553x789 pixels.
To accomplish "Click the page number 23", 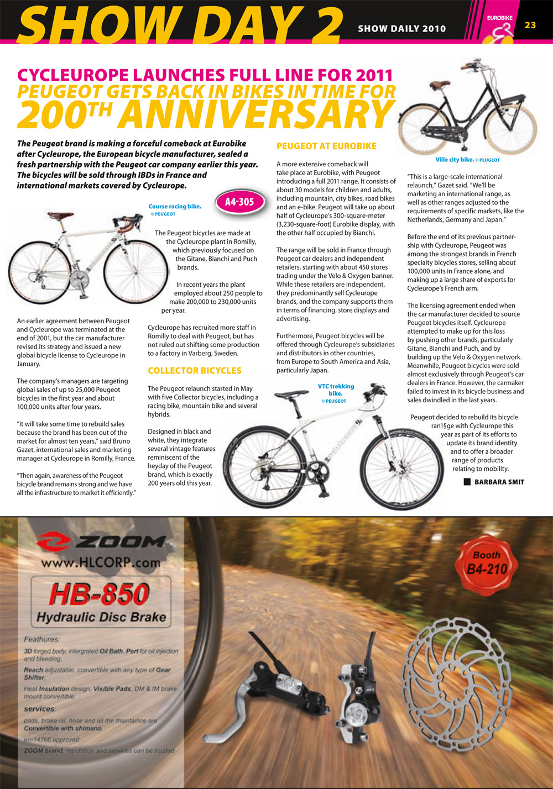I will point(530,25).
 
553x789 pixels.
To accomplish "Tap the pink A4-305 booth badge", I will point(239,202).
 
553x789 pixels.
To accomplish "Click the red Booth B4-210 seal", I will point(486,562).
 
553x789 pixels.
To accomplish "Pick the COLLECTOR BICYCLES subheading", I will point(195,371).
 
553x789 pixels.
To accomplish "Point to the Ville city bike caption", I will point(467,160).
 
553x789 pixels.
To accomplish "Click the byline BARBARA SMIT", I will point(499,482).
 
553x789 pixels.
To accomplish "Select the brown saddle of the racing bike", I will point(60,215).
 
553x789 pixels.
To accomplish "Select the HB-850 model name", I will point(100,594).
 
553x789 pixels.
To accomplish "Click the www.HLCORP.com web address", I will point(101,562).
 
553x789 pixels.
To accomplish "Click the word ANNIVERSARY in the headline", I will point(255,115).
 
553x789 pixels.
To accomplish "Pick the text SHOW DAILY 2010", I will point(401,29).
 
